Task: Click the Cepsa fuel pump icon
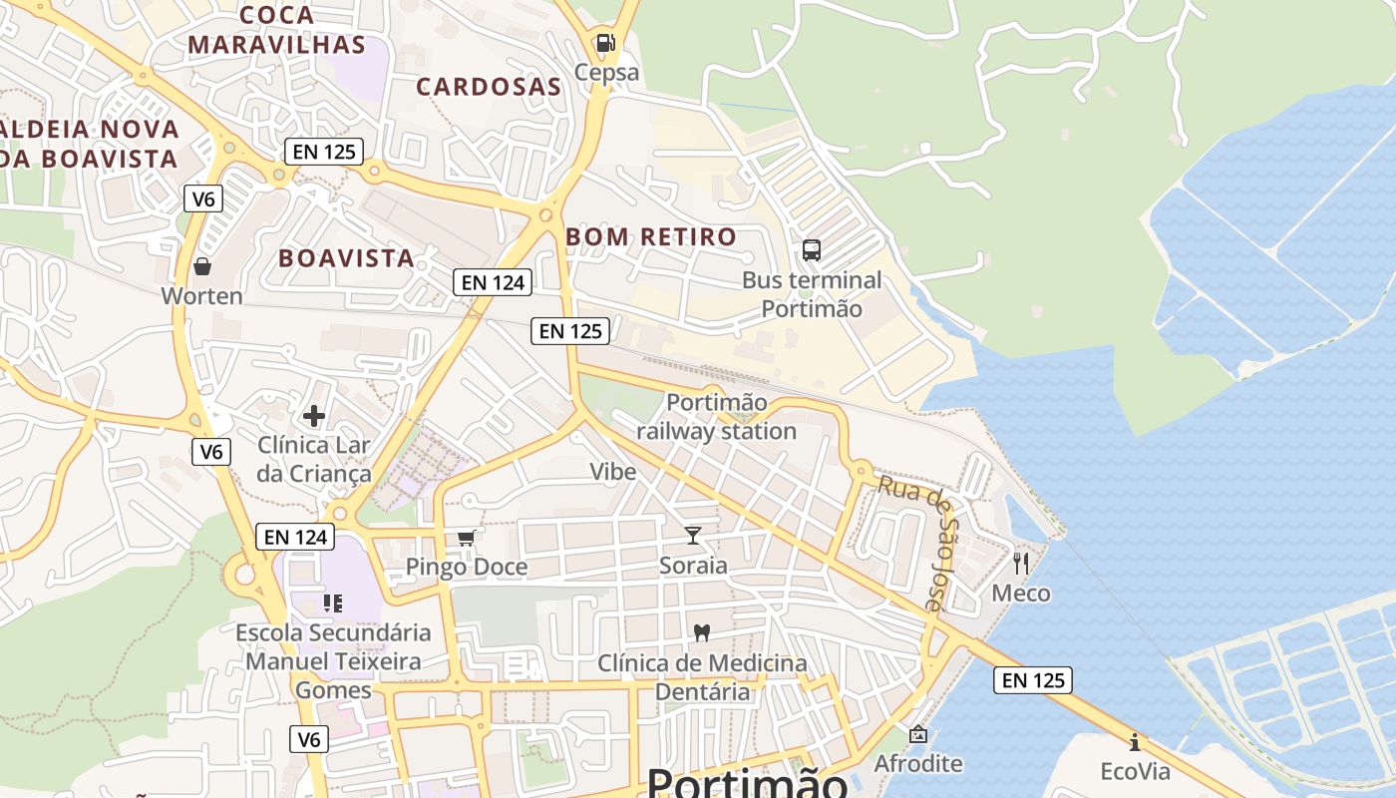[x=605, y=43]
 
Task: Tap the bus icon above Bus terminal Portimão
[x=812, y=250]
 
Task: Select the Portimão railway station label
[x=716, y=417]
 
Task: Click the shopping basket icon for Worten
[x=202, y=266]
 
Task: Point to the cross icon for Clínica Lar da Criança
[x=314, y=415]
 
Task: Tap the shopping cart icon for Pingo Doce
[x=466, y=539]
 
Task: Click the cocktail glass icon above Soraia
[x=693, y=536]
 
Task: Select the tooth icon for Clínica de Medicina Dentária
[x=702, y=632]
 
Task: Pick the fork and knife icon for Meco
[x=1020, y=564]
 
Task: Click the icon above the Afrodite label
[x=918, y=735]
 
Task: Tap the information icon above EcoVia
[x=1135, y=742]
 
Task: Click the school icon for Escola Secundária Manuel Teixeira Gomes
[x=333, y=602]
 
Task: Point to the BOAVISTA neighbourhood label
[x=346, y=258]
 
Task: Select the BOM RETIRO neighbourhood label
[x=651, y=237]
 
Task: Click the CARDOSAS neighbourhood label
[x=489, y=87]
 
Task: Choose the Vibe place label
[x=612, y=472]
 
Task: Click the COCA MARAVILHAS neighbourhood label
[x=277, y=30]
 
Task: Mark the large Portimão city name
[x=748, y=782]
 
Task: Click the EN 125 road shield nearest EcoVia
[x=1033, y=681]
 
